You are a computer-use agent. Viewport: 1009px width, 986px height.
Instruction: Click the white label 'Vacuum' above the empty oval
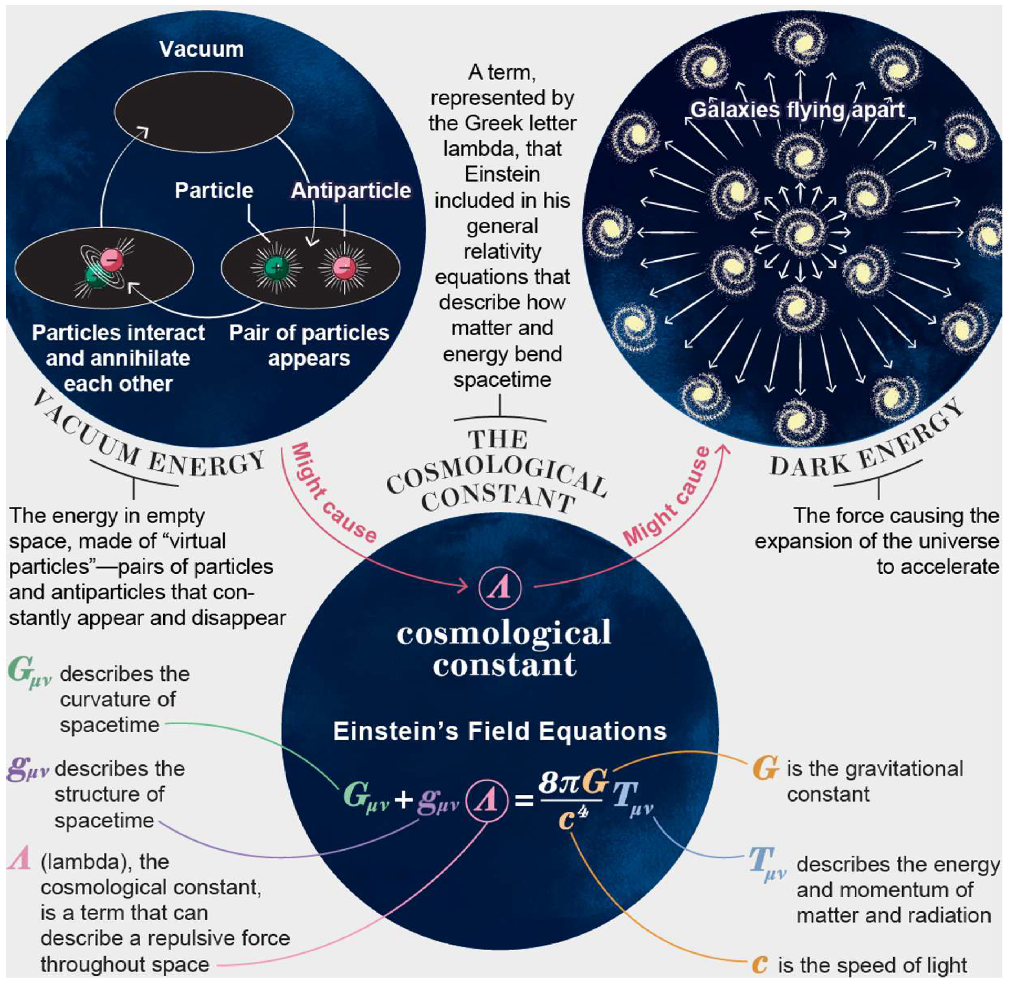click(201, 50)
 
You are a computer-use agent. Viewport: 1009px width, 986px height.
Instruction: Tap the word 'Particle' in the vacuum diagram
click(214, 191)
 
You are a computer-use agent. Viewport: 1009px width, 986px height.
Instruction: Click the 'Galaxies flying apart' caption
click(797, 110)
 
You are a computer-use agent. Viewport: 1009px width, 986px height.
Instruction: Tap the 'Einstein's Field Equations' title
click(499, 731)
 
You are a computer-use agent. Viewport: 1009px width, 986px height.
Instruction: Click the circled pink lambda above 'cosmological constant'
click(499, 588)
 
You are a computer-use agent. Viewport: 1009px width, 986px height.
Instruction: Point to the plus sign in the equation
click(404, 800)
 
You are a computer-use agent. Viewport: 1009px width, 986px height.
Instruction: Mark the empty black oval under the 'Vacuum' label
click(203, 111)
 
